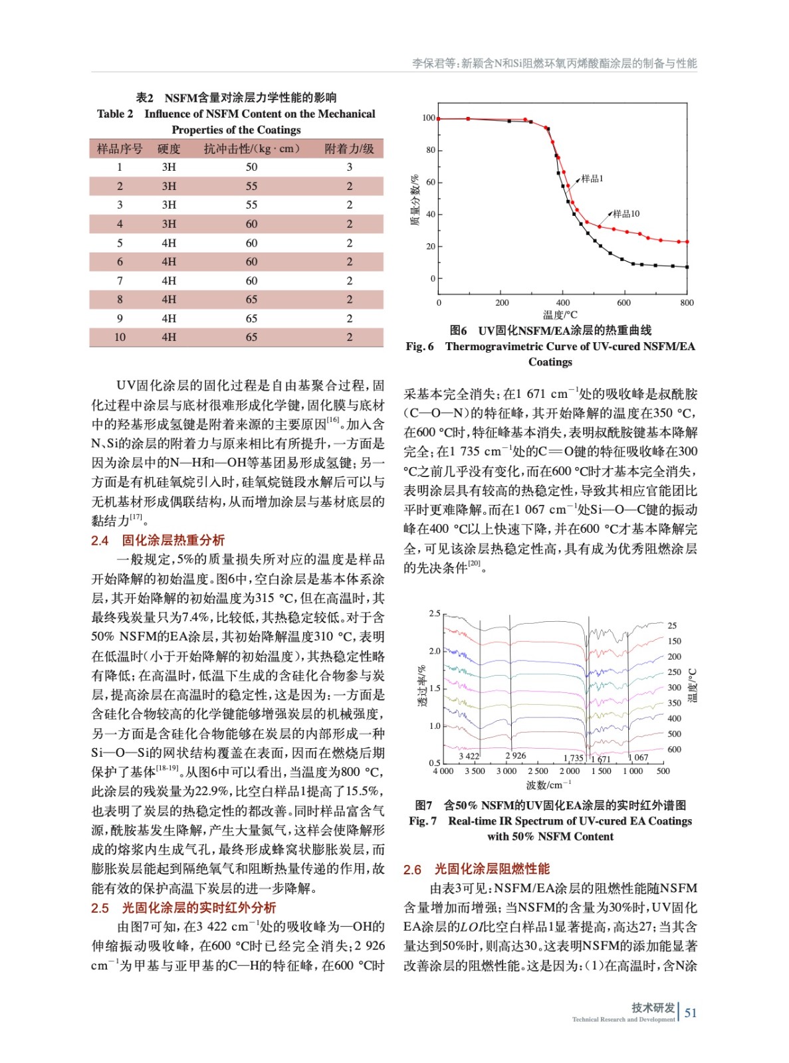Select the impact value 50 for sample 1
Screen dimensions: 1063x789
251,167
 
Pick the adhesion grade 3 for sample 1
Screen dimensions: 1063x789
350,167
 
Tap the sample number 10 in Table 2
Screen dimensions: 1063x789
120,338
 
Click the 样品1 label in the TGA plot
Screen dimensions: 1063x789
592,179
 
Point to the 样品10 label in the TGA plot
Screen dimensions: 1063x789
626,214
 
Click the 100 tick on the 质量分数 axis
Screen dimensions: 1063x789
429,118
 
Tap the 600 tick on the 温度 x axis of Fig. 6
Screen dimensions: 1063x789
623,303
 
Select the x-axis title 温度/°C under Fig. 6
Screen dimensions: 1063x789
560,315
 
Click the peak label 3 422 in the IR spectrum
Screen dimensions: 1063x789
469,756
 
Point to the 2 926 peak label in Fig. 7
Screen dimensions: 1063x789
515,756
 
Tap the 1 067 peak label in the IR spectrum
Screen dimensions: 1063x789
638,757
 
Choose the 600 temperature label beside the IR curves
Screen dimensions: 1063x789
674,749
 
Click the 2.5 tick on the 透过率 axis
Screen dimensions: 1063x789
434,613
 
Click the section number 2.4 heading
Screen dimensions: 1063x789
100,541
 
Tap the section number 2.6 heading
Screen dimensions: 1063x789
412,870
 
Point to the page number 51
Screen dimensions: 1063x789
691,1013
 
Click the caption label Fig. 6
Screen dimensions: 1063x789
419,346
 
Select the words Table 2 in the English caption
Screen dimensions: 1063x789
115,114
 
